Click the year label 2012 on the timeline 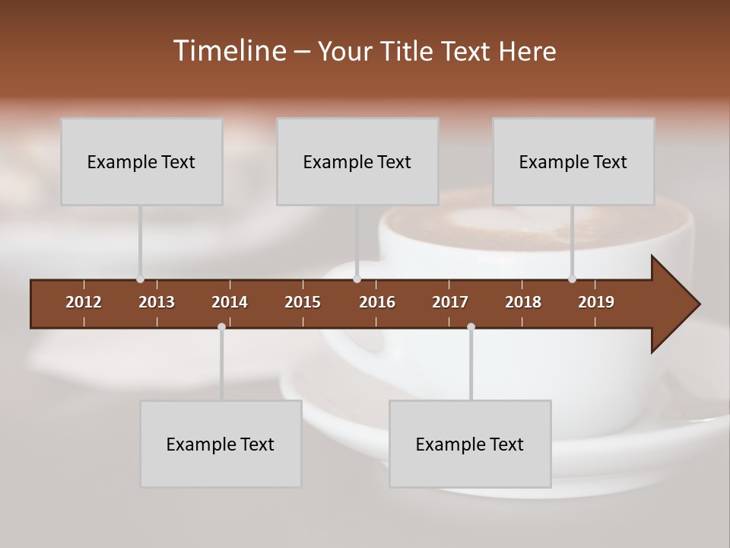point(84,302)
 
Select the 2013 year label point(157,302)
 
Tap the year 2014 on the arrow point(230,302)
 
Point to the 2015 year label point(303,302)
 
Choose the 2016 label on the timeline point(377,302)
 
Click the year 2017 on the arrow point(450,302)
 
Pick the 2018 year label point(523,302)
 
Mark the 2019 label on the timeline point(596,302)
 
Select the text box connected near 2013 point(141,161)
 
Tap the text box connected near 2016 point(357,161)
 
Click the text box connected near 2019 point(573,161)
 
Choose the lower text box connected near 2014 point(221,444)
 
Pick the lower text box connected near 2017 point(470,444)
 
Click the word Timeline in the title point(229,51)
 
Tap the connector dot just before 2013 point(140,279)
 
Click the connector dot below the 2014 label point(221,327)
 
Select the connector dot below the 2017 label point(471,327)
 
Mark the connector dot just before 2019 point(572,279)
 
